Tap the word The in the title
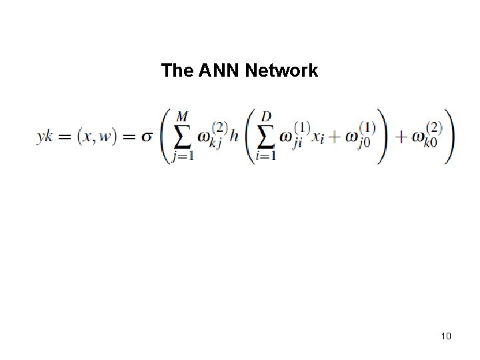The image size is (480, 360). pyautogui.click(x=177, y=70)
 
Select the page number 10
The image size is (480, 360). pyautogui.click(x=446, y=335)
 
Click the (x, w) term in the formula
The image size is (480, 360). pyautogui.click(x=98, y=136)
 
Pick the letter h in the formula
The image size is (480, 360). pyautogui.click(x=237, y=136)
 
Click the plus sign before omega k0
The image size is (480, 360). pyautogui.click(x=400, y=136)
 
